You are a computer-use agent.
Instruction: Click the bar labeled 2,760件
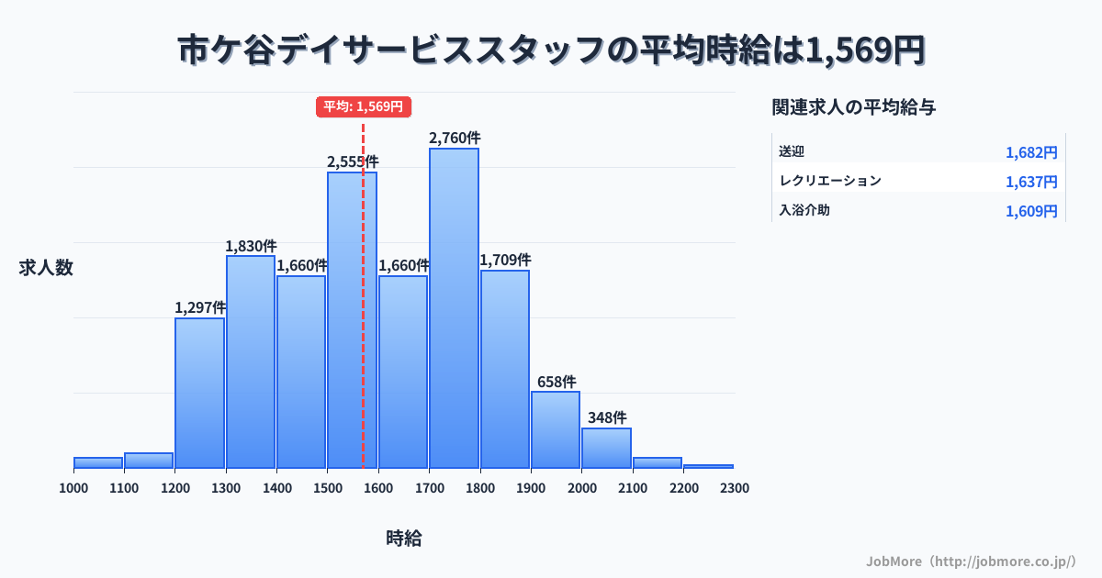[x=454, y=308]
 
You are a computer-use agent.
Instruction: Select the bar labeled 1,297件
[x=199, y=393]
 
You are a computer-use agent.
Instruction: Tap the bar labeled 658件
[x=556, y=429]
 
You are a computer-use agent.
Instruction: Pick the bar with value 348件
[x=606, y=448]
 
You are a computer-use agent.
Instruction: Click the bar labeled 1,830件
[x=251, y=361]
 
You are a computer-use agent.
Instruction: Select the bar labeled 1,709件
[x=505, y=369]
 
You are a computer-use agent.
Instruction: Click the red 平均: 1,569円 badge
[x=363, y=106]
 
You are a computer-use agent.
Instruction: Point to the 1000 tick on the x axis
[x=73, y=488]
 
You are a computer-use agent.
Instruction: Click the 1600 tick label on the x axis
[x=378, y=488]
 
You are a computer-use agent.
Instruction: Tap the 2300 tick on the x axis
[x=735, y=488]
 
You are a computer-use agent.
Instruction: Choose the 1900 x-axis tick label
[x=531, y=488]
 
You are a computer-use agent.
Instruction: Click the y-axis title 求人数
[x=46, y=268]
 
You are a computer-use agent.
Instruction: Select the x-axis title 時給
[x=404, y=539]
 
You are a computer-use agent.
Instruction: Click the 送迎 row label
[x=792, y=151]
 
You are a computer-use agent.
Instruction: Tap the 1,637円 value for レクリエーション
[x=1031, y=182]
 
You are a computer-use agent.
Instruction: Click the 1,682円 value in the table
[x=1031, y=152]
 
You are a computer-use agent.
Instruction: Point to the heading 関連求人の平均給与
[x=854, y=107]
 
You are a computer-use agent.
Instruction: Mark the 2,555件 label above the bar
[x=353, y=161]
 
